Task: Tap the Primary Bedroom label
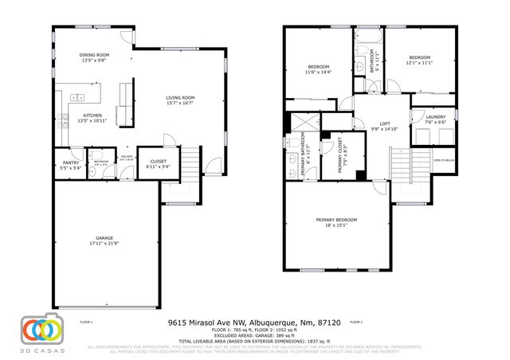pos(336,220)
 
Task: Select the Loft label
pos(384,125)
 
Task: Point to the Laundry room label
pos(435,118)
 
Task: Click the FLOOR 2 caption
pos(355,322)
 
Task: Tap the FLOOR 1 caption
pos(86,322)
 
